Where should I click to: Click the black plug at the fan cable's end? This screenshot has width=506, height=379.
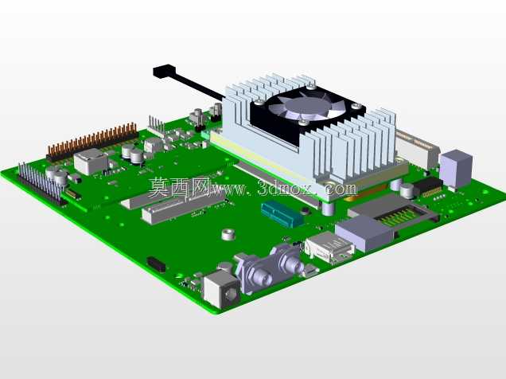165,72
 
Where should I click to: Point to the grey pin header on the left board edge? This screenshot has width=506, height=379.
40,183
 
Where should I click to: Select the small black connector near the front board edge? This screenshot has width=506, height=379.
157,264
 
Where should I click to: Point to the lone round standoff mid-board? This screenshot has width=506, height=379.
228,234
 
